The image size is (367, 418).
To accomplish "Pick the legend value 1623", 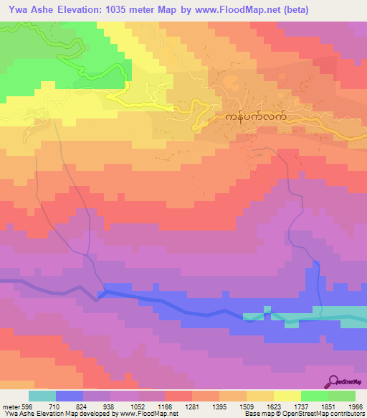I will tap(273, 406).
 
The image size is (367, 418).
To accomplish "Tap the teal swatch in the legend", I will tap(42, 396).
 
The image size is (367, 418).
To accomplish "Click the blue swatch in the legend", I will tap(70, 396).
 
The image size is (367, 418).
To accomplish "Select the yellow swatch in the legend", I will tap(287, 396).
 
